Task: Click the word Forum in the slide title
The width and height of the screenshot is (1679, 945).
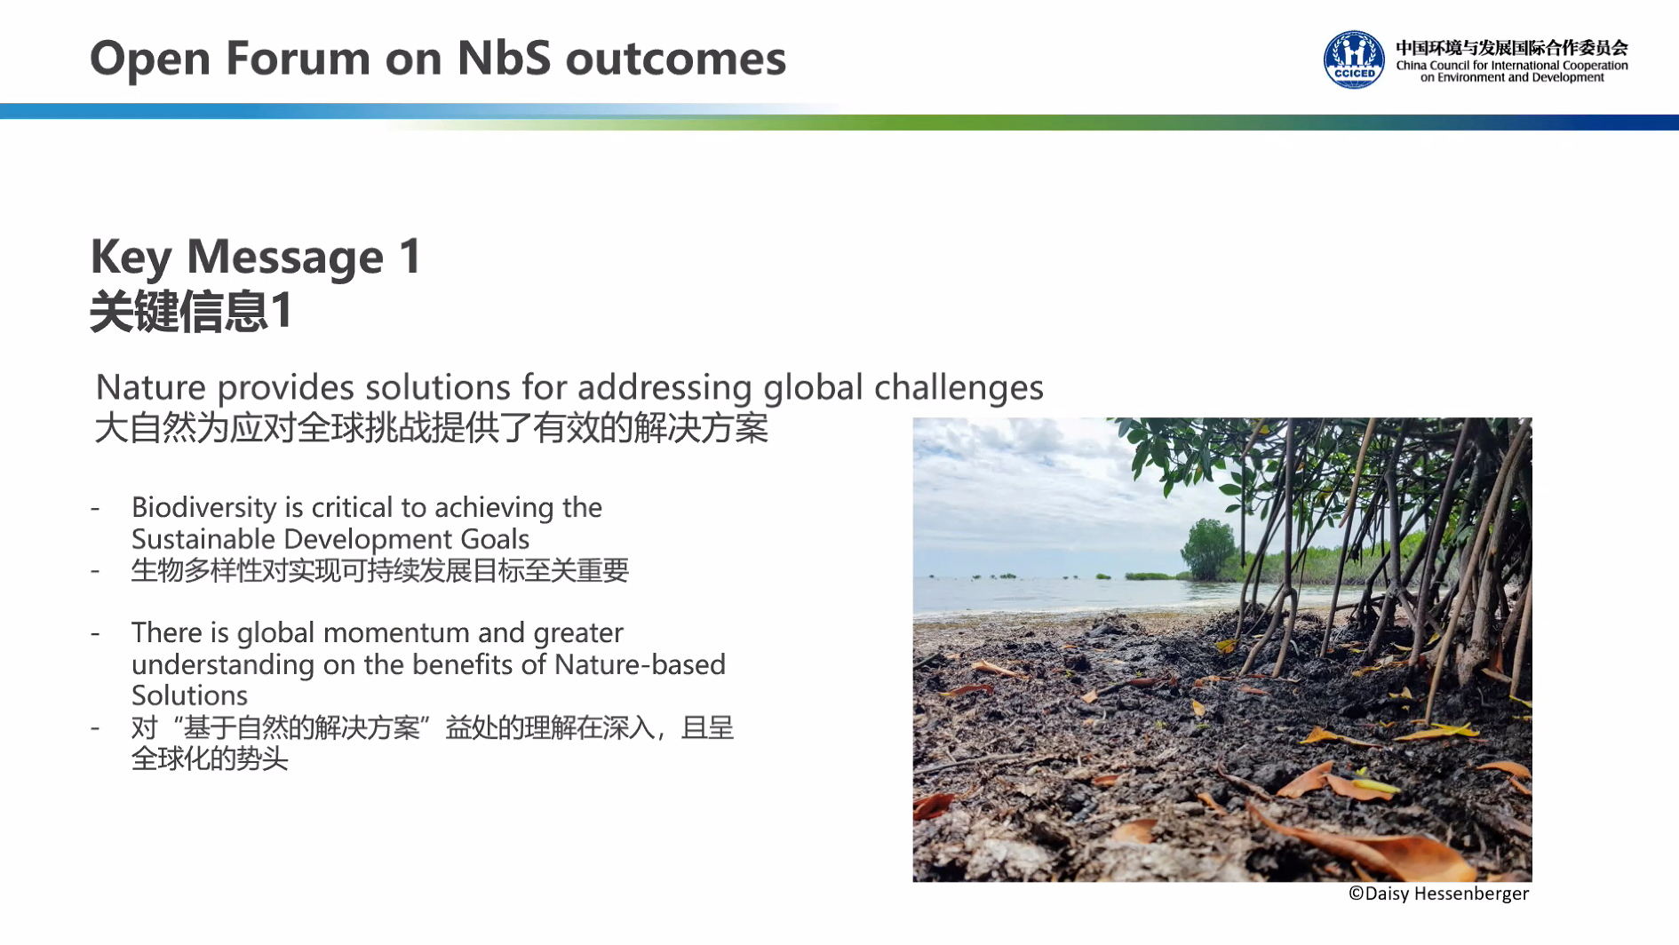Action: pyautogui.click(x=297, y=59)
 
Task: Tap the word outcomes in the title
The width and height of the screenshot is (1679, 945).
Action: pyautogui.click(x=675, y=60)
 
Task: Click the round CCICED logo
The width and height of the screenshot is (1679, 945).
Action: pyautogui.click(x=1354, y=60)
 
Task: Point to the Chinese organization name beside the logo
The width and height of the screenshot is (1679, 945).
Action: pyautogui.click(x=1511, y=48)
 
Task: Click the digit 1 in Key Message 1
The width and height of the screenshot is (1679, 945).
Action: pyautogui.click(x=410, y=257)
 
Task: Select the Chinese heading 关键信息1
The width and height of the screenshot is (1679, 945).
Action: pyautogui.click(x=191, y=312)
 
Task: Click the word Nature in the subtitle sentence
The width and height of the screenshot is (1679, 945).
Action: pyautogui.click(x=151, y=388)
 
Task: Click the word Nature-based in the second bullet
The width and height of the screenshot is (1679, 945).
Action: pyautogui.click(x=640, y=664)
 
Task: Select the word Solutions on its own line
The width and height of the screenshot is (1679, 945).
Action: pyautogui.click(x=189, y=695)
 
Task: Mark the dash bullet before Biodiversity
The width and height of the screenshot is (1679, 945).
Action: pyautogui.click(x=94, y=509)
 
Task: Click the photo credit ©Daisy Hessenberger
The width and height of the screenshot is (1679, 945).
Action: pyautogui.click(x=1438, y=893)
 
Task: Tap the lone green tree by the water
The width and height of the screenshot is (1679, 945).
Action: pyautogui.click(x=1208, y=548)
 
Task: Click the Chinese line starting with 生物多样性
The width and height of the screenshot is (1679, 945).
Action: pyautogui.click(x=380, y=570)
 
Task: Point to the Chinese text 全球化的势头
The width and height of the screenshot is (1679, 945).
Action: pyautogui.click(x=210, y=759)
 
